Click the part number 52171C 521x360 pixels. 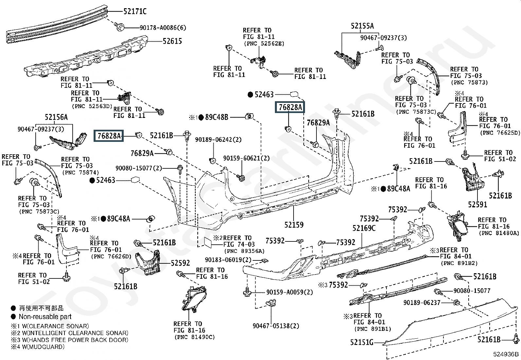135,12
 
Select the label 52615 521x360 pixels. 172,41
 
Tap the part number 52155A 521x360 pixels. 362,26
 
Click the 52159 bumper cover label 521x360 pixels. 294,225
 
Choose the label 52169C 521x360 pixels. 364,228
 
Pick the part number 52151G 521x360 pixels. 362,342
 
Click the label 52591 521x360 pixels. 477,205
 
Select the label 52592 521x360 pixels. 180,263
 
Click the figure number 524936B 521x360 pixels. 506,354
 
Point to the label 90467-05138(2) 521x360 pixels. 276,326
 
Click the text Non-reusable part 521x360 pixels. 45,317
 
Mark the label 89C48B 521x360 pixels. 217,117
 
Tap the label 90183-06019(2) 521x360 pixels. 228,260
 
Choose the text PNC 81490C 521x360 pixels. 194,337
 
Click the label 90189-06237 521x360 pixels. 422,303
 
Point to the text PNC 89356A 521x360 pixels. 244,251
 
